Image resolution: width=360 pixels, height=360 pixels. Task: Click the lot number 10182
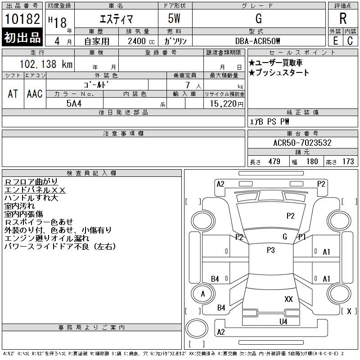(x=22, y=19)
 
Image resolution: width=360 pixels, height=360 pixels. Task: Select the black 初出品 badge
(x=22, y=37)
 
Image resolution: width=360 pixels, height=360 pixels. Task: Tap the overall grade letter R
(x=343, y=18)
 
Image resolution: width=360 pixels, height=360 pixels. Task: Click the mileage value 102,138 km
(x=46, y=64)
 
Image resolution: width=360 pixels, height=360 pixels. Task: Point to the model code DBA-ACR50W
(x=257, y=41)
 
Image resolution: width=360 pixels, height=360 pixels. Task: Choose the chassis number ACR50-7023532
(x=302, y=143)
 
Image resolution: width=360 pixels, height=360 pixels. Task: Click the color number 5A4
(x=74, y=103)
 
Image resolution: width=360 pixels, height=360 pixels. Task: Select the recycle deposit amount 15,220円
(x=226, y=104)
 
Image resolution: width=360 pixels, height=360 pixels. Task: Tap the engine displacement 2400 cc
(x=141, y=41)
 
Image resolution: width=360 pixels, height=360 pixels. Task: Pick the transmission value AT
(x=13, y=94)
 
